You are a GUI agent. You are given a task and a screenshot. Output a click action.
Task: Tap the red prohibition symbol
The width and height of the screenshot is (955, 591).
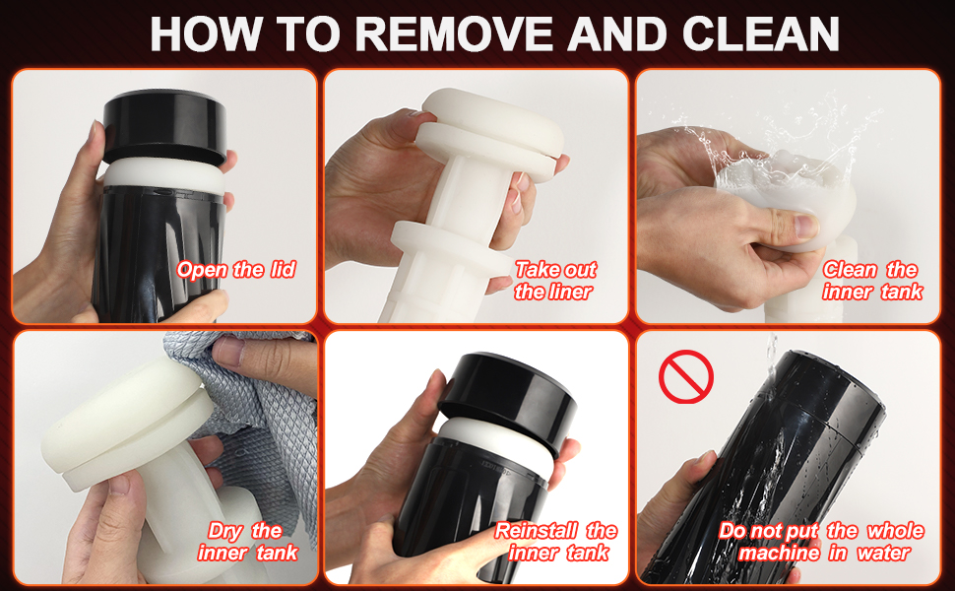pyautogui.click(x=686, y=376)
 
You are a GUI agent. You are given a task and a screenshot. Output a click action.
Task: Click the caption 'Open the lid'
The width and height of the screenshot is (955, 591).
pyautogui.click(x=236, y=269)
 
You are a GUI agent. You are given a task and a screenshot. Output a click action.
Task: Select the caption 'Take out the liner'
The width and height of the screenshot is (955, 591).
pyautogui.click(x=555, y=281)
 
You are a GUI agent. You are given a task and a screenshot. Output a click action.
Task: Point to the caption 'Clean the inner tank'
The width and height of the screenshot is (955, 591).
pyautogui.click(x=872, y=281)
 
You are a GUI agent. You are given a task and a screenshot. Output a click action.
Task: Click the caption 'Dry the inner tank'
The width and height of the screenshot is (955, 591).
pyautogui.click(x=247, y=541)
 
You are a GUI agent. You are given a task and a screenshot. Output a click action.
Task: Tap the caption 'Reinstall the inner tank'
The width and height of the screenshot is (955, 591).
pyautogui.click(x=556, y=541)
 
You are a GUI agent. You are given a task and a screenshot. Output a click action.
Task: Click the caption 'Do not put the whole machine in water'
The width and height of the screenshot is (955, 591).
pyautogui.click(x=822, y=541)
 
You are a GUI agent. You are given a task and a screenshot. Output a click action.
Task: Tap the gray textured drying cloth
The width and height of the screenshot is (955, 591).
pyautogui.click(x=256, y=415)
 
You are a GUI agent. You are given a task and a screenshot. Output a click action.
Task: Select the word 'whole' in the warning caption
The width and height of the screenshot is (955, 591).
pyautogui.click(x=895, y=531)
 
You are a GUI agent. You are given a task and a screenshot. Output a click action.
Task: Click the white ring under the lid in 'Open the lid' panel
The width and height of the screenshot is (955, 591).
pyautogui.click(x=163, y=175)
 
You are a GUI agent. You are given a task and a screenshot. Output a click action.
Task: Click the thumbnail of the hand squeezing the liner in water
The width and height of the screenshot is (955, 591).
pyautogui.click(x=788, y=196)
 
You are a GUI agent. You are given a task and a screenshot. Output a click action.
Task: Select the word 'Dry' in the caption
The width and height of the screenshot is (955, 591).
pyautogui.click(x=224, y=532)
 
